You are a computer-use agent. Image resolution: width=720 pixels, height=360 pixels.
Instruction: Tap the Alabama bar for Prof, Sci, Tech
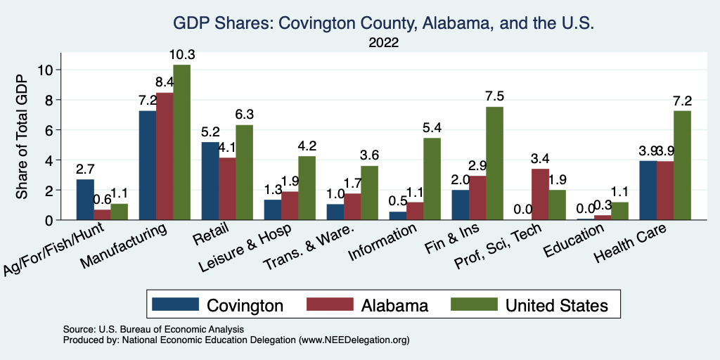[x=541, y=194]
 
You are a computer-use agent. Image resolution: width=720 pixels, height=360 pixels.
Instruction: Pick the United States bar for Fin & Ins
[x=494, y=163]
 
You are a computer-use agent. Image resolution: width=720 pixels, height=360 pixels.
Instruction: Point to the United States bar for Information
[x=432, y=179]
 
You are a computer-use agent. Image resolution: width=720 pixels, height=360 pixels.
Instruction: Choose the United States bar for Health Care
[x=682, y=165]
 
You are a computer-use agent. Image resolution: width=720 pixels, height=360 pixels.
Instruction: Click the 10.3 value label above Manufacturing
[x=181, y=55]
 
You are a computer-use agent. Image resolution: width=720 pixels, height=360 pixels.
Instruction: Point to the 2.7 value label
[x=85, y=169]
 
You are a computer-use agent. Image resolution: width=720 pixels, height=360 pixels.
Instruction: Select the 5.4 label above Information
[x=432, y=128]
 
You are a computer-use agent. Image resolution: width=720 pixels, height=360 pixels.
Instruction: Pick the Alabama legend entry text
[x=394, y=305]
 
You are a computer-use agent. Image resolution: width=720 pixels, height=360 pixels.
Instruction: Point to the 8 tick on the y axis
[x=49, y=99]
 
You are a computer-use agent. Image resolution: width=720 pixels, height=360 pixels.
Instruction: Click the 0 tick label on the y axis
[x=49, y=220]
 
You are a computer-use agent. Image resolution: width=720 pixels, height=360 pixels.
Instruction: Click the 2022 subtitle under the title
[x=383, y=43]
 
